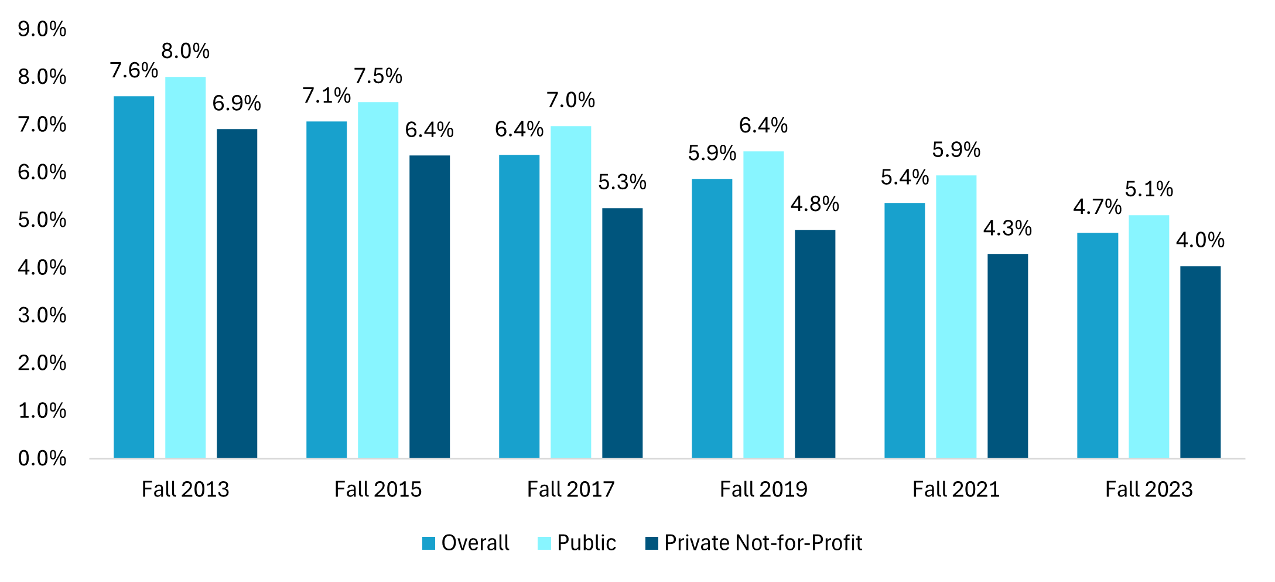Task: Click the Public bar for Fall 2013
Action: (x=185, y=267)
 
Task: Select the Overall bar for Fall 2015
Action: (x=326, y=290)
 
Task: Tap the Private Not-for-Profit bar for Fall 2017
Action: (x=622, y=333)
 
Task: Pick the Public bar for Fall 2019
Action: (x=763, y=305)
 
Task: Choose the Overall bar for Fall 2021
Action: (x=904, y=330)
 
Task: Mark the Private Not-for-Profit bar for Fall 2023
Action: (x=1200, y=362)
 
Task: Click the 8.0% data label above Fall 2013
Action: (x=185, y=52)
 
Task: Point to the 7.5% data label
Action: (x=378, y=76)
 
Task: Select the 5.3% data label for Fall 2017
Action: (x=622, y=182)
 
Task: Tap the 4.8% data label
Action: (x=815, y=204)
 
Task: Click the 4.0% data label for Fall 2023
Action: (x=1200, y=240)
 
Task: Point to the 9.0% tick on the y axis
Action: (x=42, y=29)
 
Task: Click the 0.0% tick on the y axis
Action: (x=42, y=458)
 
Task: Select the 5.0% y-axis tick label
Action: (x=42, y=220)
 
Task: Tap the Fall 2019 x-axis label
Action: (x=763, y=489)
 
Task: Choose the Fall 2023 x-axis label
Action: (x=1148, y=489)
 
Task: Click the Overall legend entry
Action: (x=466, y=543)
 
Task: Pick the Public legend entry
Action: (x=577, y=543)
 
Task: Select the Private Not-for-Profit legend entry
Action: (x=754, y=543)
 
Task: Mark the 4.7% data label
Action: (x=1097, y=207)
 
